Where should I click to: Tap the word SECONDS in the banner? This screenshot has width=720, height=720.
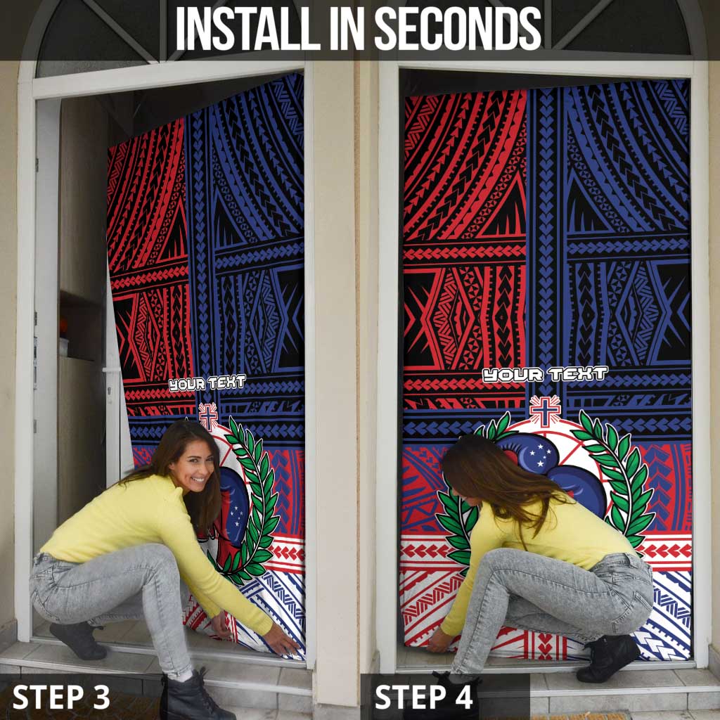coord(458,29)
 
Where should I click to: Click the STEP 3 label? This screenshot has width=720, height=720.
coord(61,697)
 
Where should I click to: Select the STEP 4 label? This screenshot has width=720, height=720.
coord(423,697)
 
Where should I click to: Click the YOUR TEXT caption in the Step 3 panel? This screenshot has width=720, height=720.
coord(207,383)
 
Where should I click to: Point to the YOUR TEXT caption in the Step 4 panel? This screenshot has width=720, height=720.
coord(545,374)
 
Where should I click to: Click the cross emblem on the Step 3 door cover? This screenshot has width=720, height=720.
coord(208,416)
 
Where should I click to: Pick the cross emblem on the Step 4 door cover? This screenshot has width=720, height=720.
coord(545,410)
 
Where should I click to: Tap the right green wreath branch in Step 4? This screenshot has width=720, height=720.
coord(620,477)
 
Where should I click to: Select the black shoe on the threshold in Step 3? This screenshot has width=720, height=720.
coord(79,641)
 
